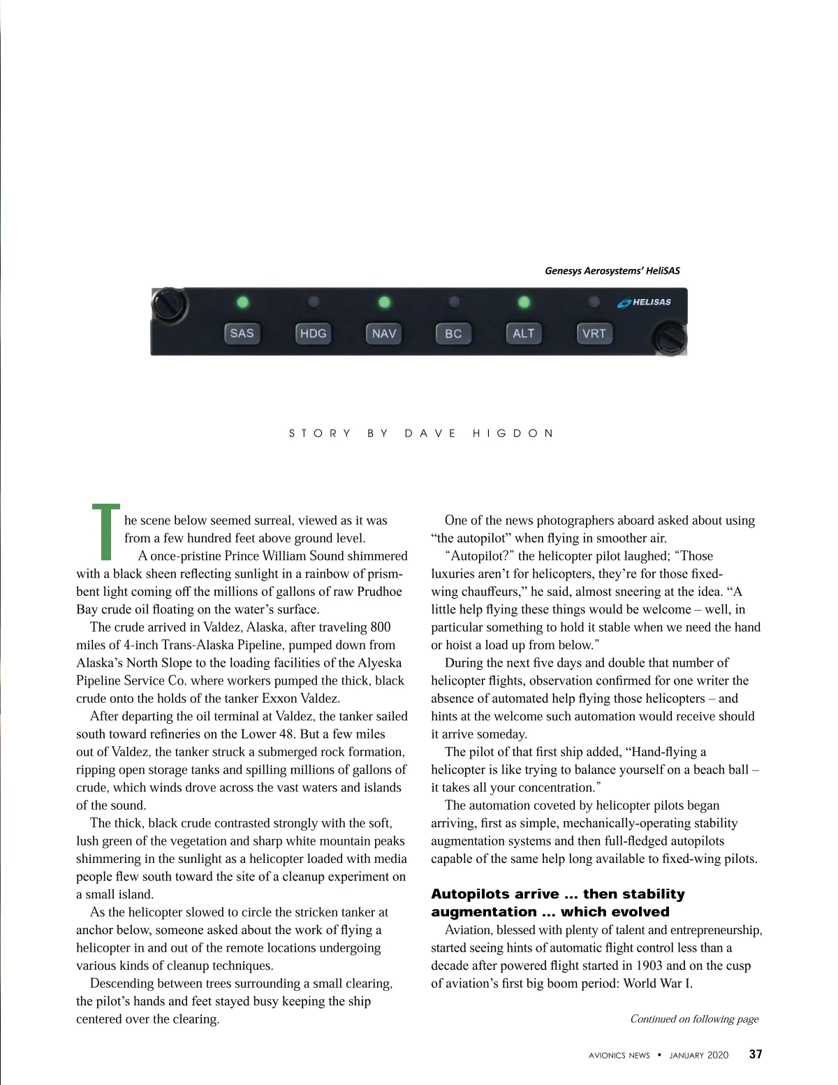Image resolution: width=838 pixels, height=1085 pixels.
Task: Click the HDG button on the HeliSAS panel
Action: click(x=313, y=333)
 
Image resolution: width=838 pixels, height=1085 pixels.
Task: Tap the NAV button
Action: click(x=384, y=333)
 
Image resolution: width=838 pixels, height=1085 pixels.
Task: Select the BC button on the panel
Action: click(x=453, y=333)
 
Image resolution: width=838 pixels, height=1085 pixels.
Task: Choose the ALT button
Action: click(x=524, y=333)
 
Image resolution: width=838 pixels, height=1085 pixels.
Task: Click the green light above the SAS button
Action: click(x=242, y=303)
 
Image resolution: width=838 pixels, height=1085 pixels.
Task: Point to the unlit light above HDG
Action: click(x=314, y=302)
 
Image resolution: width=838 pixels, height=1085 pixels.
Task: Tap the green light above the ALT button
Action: click(x=524, y=303)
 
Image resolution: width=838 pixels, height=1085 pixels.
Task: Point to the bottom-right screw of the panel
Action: click(x=670, y=339)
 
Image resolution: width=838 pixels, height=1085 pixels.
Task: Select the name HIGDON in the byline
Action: click(x=513, y=433)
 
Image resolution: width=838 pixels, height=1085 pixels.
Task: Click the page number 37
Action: click(x=756, y=1055)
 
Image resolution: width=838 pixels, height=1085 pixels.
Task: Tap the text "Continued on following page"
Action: click(x=694, y=1019)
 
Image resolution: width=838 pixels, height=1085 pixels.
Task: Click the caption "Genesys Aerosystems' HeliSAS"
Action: click(x=612, y=270)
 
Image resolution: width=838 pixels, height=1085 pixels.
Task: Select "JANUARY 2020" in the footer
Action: click(x=698, y=1056)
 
